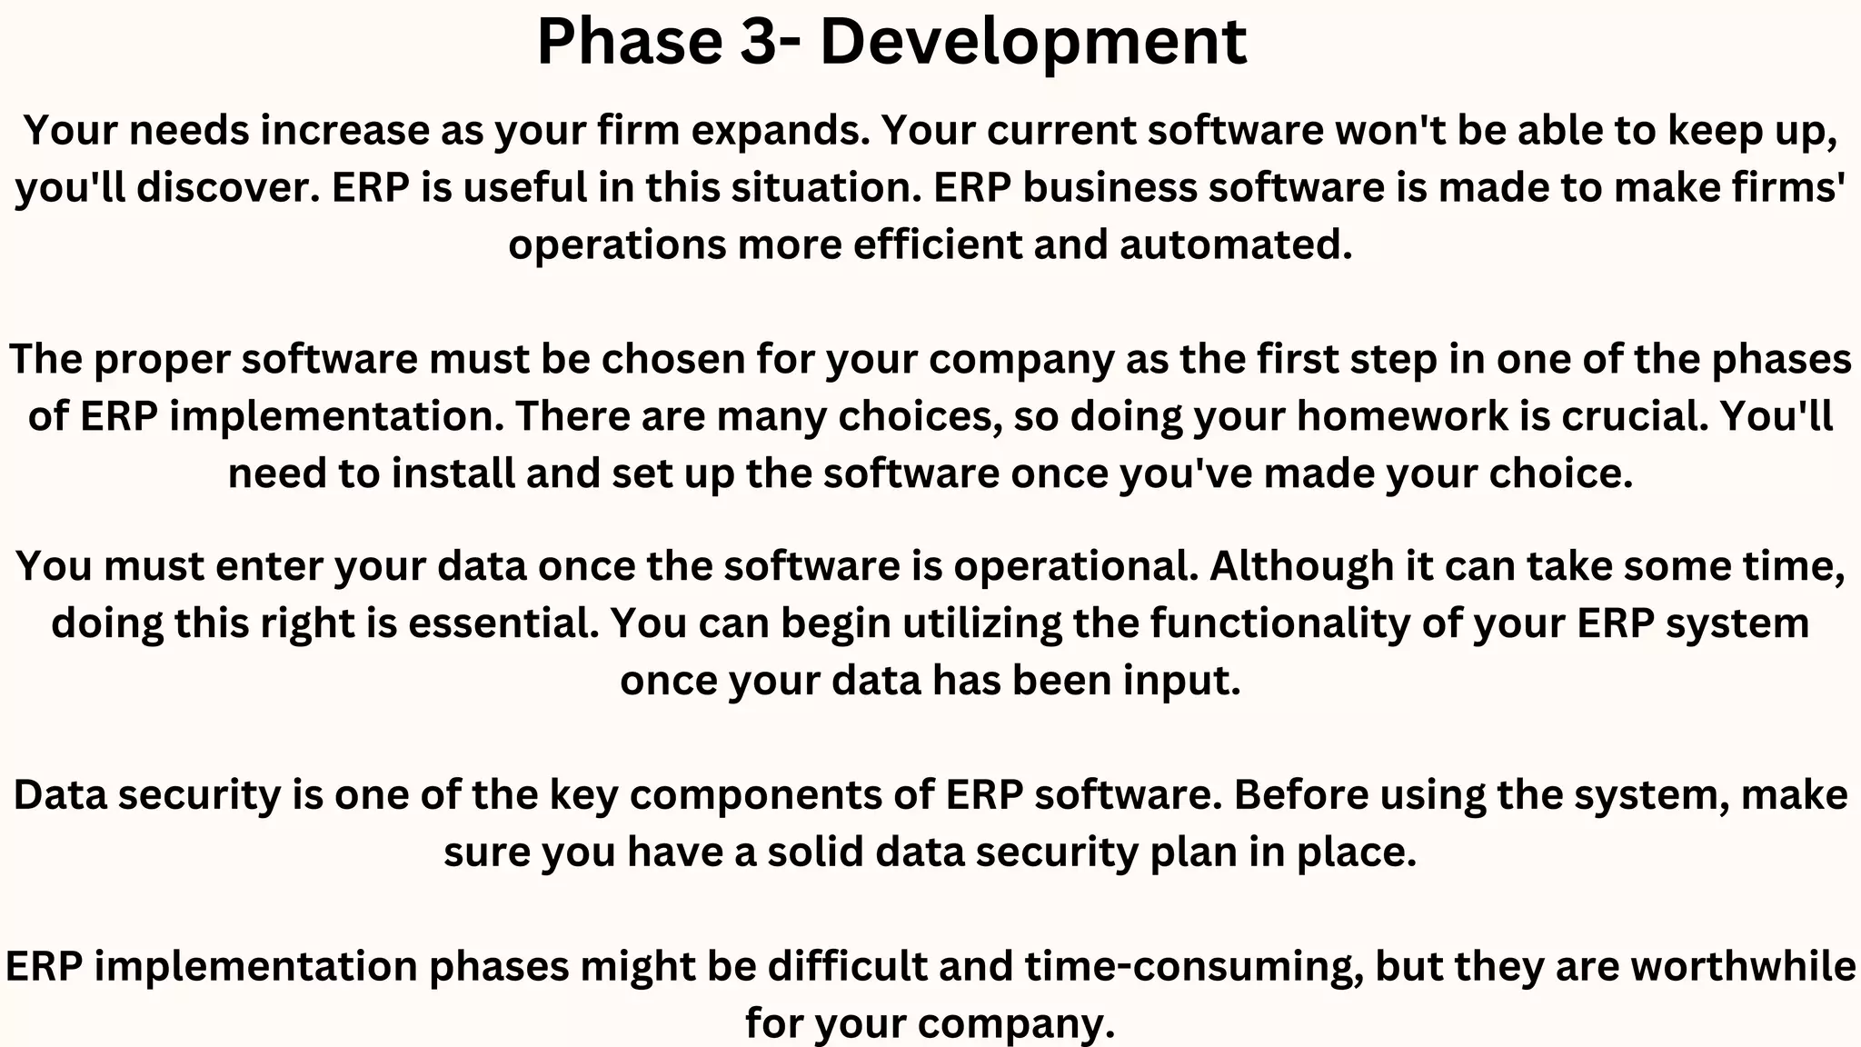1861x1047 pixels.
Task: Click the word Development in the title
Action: click(x=1033, y=42)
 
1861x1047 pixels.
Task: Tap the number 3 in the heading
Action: click(x=756, y=42)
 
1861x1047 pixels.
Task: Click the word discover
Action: click(x=228, y=187)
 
